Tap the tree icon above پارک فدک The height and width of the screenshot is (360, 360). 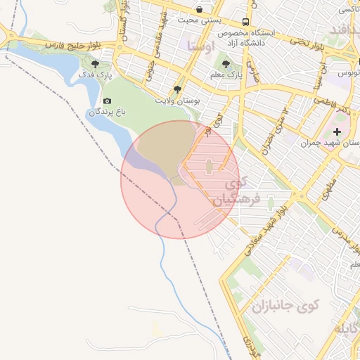coord(95,63)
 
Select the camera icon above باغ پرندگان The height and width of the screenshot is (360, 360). coord(107,101)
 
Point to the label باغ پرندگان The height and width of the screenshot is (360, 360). coord(108,112)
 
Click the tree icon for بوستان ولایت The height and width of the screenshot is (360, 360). coord(177,89)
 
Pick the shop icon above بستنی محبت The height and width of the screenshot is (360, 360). coord(200,9)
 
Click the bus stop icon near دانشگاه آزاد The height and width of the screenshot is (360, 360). coord(245,22)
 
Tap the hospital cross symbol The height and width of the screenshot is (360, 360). coord(337,131)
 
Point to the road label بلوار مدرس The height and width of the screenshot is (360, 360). coord(345,237)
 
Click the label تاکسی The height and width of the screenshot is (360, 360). coord(349,9)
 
